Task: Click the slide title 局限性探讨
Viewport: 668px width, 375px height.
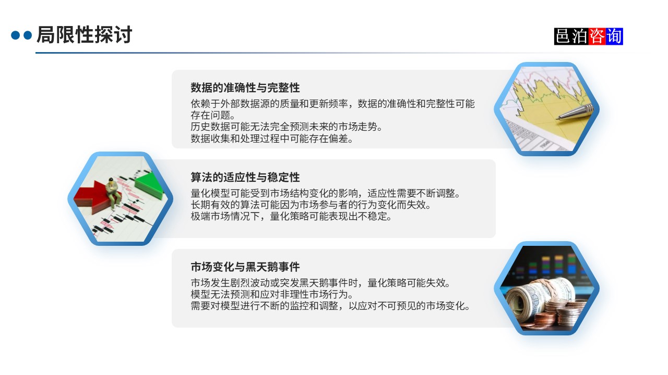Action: tap(84, 35)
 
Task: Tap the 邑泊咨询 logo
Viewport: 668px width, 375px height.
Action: tap(588, 36)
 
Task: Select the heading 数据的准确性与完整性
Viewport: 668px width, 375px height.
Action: tap(245, 87)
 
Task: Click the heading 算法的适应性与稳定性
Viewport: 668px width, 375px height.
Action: tap(245, 177)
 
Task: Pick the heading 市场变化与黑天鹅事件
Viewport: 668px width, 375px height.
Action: tap(245, 267)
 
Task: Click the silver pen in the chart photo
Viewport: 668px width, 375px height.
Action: tap(575, 111)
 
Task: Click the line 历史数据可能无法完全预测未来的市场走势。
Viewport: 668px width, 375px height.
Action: tap(287, 127)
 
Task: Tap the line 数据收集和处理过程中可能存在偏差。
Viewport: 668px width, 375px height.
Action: tap(272, 139)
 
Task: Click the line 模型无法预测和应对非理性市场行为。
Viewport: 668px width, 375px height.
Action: tap(272, 294)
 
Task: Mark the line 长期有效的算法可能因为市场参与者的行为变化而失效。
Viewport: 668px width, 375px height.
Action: tap(311, 205)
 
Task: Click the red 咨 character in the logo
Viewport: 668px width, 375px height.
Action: tap(597, 36)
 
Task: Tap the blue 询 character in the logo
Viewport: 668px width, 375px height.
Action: tap(614, 36)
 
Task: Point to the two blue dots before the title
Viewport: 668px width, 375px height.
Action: tap(21, 35)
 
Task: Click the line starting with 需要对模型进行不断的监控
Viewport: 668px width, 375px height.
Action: tap(331, 306)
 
